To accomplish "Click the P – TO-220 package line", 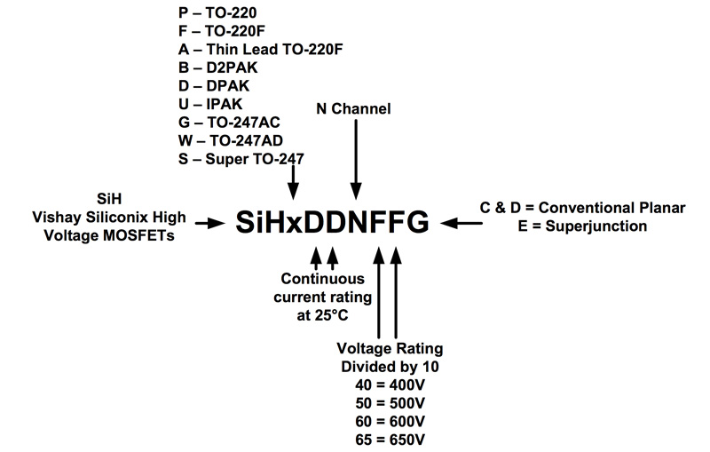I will point(218,13).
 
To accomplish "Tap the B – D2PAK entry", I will point(218,68).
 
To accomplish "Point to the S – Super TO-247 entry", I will point(241,159).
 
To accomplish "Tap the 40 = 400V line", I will point(387,385).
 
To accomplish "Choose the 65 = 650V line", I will point(387,439).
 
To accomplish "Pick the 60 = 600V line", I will point(387,421).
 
